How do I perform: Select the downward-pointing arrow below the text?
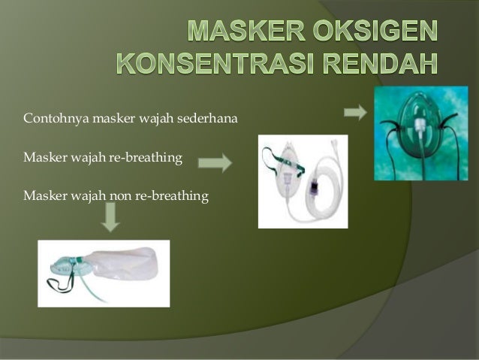(111, 218)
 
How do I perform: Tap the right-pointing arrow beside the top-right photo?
(354, 113)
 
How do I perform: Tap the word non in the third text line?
(122, 197)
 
